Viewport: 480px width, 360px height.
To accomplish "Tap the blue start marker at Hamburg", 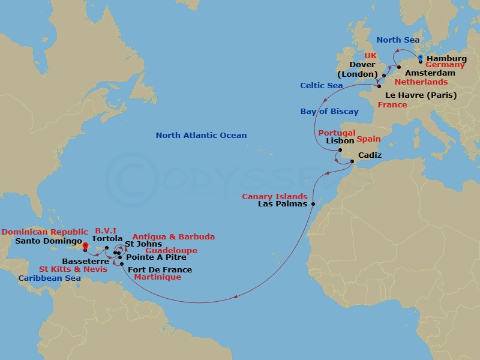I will pos(421,58).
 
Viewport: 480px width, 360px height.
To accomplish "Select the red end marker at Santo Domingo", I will pos(86,246).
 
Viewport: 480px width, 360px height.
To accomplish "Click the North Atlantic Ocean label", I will pos(201,136).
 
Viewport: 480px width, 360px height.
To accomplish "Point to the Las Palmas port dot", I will pos(313,204).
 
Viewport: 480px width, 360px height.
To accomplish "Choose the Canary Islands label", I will pos(275,196).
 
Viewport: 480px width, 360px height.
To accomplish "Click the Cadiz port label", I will pos(370,155).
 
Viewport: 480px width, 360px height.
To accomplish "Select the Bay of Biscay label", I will pos(329,111).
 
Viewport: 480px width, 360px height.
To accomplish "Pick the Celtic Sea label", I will pos(322,86).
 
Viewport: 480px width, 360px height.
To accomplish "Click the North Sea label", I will pos(398,40).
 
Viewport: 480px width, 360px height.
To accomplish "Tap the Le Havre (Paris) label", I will pos(421,95).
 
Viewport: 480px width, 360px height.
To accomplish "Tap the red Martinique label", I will pos(157,277).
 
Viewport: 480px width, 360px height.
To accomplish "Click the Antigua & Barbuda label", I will pos(173,237).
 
